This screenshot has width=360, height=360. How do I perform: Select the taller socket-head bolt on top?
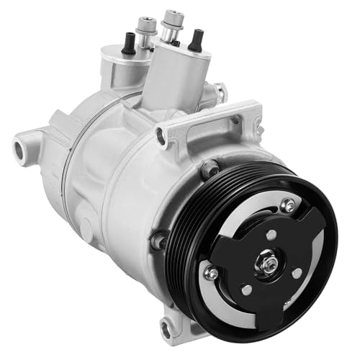172,22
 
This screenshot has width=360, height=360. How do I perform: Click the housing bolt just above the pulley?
211,171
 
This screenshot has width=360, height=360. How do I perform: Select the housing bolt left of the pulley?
159,239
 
